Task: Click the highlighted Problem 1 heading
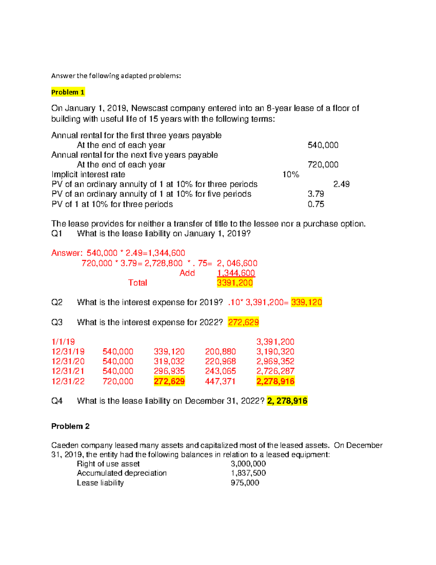tap(68, 92)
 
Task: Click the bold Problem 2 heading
tap(70, 426)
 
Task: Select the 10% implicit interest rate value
tap(291, 175)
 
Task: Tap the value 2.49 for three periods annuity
tap(341, 184)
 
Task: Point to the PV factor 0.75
tap(316, 204)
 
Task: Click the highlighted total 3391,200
tap(235, 283)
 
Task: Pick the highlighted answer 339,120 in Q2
tap(306, 302)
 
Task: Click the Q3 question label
tap(57, 322)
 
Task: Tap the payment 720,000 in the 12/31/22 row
tap(118, 381)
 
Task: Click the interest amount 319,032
tap(169, 362)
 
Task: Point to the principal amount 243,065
tap(220, 371)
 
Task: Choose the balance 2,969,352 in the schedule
tap(275, 362)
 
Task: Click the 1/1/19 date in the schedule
tap(63, 342)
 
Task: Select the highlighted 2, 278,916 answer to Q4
tap(287, 401)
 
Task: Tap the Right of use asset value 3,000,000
tap(248, 464)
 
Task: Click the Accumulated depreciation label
tap(122, 473)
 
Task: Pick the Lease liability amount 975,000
tap(245, 483)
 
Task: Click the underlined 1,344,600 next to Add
tap(236, 273)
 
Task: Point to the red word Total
tap(137, 283)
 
